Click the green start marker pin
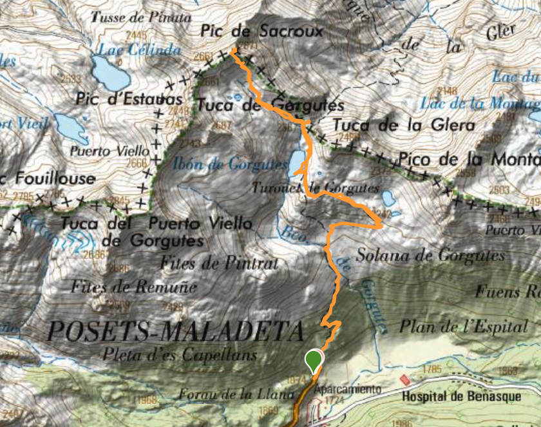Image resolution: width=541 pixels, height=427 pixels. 314,360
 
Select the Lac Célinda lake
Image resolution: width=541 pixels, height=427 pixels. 109,71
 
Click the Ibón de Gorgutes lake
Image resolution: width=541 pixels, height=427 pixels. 298,162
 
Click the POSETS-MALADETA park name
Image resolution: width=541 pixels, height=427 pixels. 175,331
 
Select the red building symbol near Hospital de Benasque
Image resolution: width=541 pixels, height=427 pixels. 404,381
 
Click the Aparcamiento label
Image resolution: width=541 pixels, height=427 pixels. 348,389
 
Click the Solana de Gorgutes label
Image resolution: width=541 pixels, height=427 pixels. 430,255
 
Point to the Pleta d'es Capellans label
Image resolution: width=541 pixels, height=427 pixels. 179,355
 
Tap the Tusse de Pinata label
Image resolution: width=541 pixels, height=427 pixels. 141,17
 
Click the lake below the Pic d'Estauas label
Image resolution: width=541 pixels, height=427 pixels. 71,128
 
